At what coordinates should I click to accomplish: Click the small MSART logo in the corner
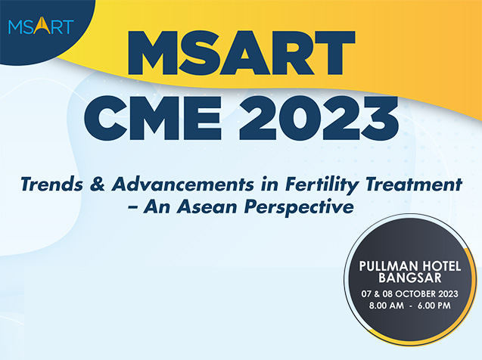[41, 26]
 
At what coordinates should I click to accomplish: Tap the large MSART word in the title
[241, 53]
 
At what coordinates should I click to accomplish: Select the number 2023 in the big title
[319, 118]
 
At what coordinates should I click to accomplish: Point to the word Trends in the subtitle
[52, 185]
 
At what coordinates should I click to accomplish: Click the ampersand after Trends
[98, 185]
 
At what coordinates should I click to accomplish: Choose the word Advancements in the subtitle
[183, 185]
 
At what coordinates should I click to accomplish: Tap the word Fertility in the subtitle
[322, 185]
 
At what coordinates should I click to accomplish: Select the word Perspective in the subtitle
[299, 208]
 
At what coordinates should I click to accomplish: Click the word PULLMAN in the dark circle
[388, 266]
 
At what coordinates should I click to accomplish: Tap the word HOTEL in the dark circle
[441, 266]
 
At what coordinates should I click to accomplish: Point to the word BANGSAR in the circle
[410, 278]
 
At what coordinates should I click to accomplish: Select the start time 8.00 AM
[387, 306]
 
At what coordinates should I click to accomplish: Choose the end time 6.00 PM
[434, 306]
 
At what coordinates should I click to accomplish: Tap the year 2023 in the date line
[448, 294]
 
